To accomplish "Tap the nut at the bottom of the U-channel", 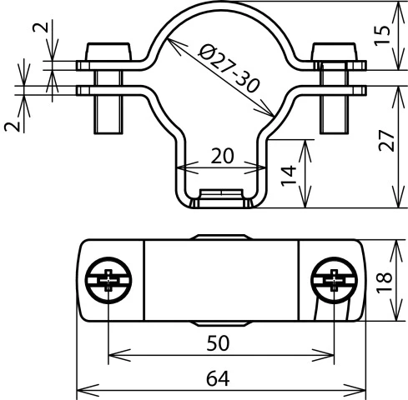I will click(221, 200).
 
